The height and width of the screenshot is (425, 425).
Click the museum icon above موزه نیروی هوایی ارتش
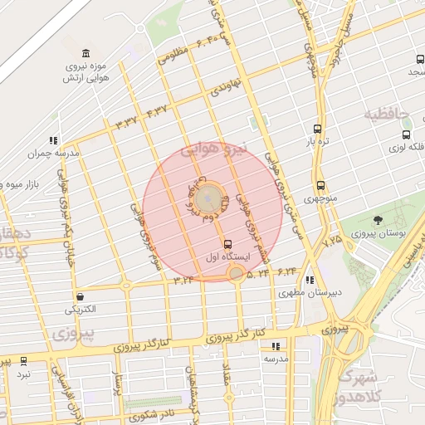click(76, 51)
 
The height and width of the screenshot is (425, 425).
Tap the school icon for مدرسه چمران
click(54, 140)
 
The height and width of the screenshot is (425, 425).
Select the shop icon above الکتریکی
click(80, 296)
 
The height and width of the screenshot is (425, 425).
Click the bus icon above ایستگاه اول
click(227, 244)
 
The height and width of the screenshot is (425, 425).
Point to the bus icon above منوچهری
click(320, 186)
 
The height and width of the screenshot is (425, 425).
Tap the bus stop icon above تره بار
click(316, 129)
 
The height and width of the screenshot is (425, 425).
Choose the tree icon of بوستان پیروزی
click(379, 221)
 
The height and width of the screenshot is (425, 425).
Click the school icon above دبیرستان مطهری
click(310, 281)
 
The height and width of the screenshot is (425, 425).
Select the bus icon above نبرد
click(23, 361)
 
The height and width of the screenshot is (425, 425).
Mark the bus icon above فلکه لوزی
click(406, 134)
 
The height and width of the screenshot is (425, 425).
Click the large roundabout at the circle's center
click(208, 198)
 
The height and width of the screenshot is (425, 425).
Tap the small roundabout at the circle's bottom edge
click(237, 273)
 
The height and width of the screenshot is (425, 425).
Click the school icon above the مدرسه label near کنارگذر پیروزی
click(275, 346)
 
